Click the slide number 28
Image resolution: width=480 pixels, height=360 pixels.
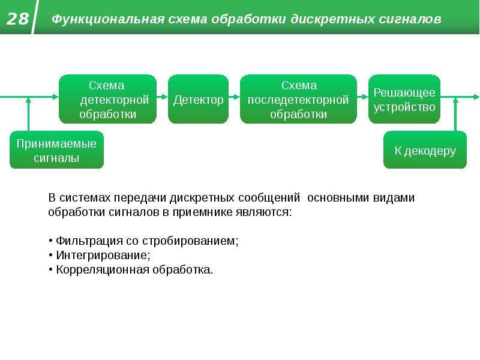point(18,19)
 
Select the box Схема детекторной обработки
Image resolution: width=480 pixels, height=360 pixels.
point(107,100)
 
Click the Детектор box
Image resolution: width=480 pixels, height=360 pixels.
point(199,100)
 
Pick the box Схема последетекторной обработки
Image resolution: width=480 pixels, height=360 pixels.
point(298,100)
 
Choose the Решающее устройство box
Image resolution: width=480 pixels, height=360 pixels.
point(404,100)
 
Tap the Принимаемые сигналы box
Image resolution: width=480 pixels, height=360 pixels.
point(56,151)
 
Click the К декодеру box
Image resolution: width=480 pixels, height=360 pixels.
point(425,151)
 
